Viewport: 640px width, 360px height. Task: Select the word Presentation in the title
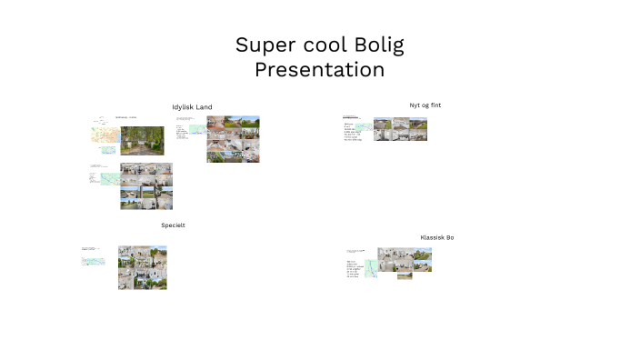(x=320, y=69)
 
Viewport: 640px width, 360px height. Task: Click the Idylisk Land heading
(x=192, y=107)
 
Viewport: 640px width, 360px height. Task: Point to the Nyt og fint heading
(x=425, y=105)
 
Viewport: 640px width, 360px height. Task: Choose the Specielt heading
(x=173, y=225)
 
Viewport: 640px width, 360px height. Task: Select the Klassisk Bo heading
(x=436, y=237)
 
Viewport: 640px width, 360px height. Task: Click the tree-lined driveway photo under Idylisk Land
(x=143, y=141)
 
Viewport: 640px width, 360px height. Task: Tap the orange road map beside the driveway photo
(x=105, y=135)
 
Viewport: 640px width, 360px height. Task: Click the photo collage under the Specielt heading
(x=142, y=267)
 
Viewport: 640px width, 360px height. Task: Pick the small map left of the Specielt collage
(x=94, y=261)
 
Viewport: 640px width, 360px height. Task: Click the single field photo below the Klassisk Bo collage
(x=405, y=275)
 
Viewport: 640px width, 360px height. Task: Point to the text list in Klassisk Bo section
(x=355, y=269)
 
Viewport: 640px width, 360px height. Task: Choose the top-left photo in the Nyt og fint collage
(x=382, y=124)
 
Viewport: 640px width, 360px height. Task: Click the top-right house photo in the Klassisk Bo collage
(x=422, y=254)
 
